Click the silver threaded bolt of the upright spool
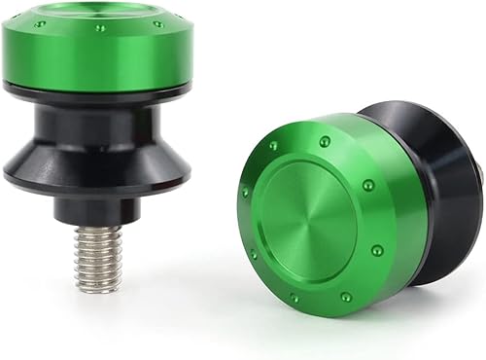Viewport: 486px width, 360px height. click(x=97, y=258)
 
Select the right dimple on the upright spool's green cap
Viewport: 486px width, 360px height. click(x=158, y=23)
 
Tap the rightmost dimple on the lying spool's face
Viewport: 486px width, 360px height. click(x=376, y=250)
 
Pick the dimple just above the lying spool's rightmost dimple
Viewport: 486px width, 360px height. click(x=368, y=185)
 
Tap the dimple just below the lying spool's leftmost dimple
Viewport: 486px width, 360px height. click(x=255, y=254)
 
